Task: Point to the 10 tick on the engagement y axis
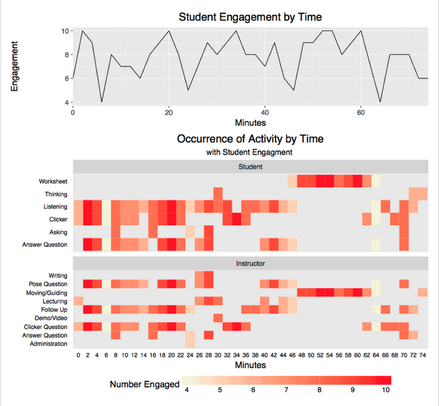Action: pos(65,30)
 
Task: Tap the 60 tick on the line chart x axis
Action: pos(360,112)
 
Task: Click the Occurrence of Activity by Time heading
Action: pos(250,139)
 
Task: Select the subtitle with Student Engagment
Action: pos(250,152)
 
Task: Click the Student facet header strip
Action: pos(250,167)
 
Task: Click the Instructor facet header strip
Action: pos(250,263)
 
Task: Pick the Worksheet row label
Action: pos(53,181)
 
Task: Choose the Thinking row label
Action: pos(56,194)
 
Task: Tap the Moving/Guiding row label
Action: pos(47,292)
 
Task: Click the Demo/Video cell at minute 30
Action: pos(218,318)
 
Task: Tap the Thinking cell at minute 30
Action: pos(218,194)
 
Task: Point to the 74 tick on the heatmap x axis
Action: pos(423,355)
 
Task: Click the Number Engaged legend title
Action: pos(144,384)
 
